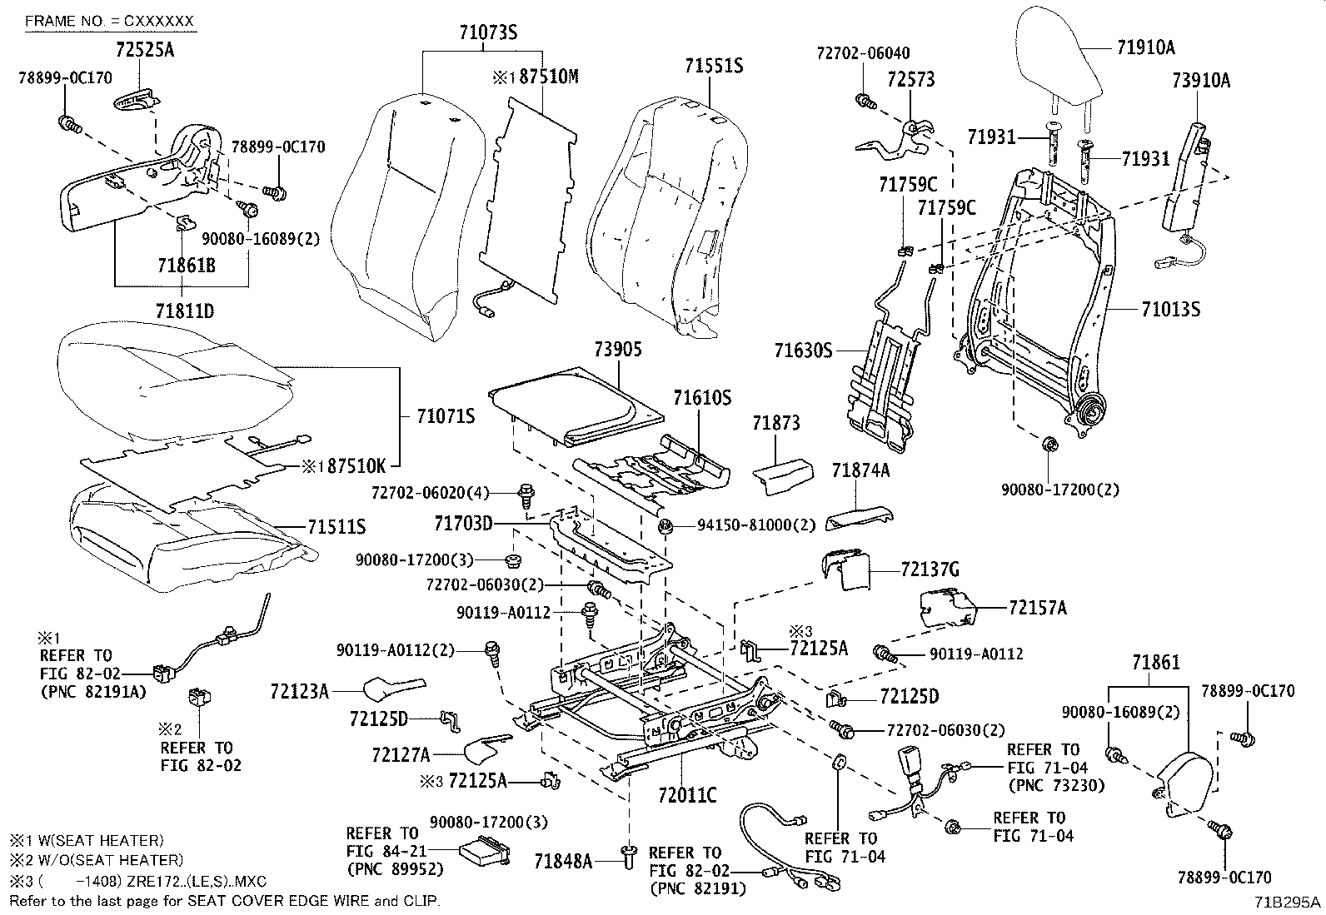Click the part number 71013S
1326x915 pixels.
coord(1170,310)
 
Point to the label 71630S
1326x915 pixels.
coord(803,351)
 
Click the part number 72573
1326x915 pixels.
coord(910,80)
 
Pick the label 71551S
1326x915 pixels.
coord(714,65)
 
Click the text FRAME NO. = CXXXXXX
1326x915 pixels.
coord(109,20)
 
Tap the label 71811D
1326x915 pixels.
coord(184,311)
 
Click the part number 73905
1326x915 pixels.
coord(618,350)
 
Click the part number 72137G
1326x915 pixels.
coord(930,569)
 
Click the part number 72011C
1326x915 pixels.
coord(686,795)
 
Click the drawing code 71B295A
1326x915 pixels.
coord(1288,902)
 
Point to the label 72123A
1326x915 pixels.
coord(299,690)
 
